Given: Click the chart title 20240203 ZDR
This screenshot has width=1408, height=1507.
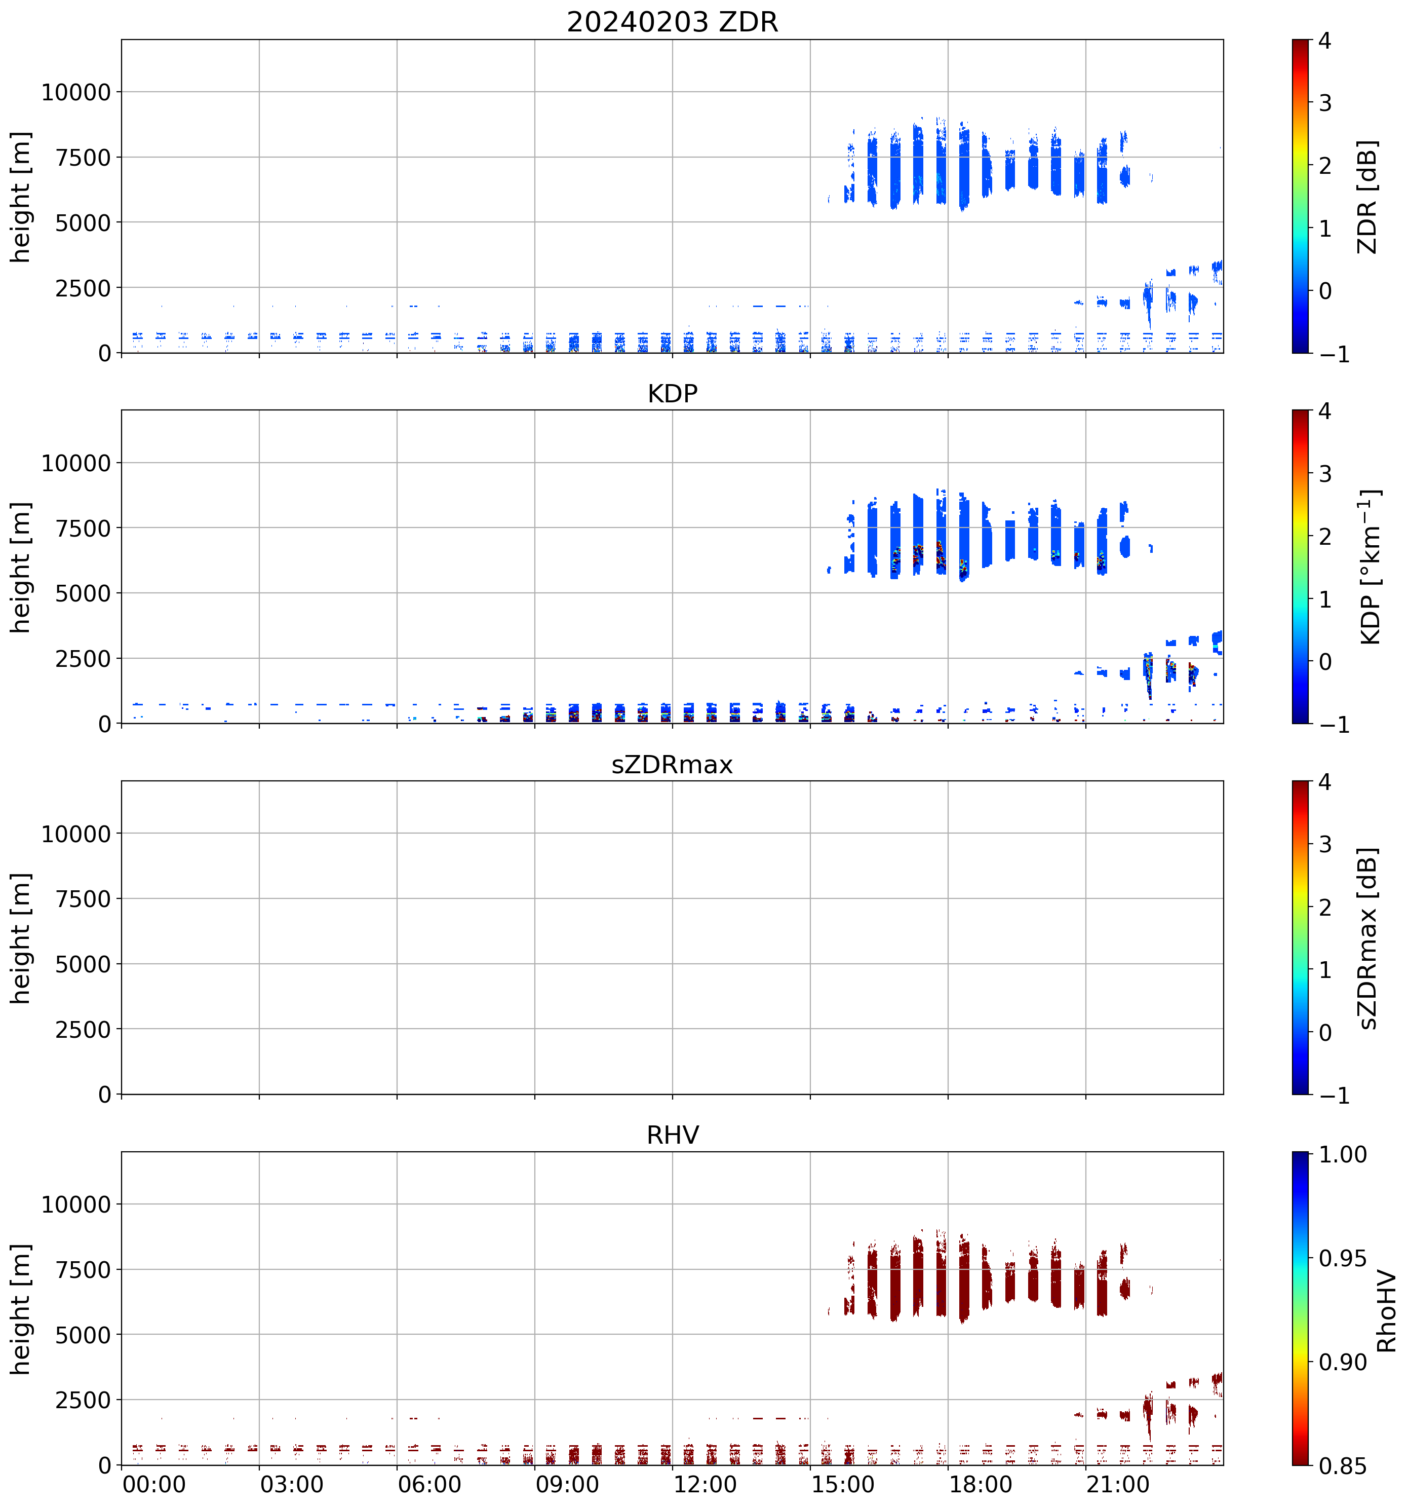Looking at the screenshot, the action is point(672,22).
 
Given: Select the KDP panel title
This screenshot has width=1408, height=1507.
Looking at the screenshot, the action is point(672,393).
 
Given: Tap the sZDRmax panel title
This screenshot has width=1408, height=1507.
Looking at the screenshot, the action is point(672,764).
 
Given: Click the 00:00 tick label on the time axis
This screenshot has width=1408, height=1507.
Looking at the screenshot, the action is point(154,1484).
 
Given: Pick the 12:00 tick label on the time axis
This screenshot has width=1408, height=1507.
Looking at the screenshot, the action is point(705,1484).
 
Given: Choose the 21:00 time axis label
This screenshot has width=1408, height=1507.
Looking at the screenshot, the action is point(1118,1484).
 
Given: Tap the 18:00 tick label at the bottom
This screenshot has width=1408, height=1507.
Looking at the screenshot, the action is point(980,1484).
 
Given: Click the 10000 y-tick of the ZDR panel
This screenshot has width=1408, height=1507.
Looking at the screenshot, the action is point(76,93).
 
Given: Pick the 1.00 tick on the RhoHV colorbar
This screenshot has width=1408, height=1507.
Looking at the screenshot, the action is point(1343,1154).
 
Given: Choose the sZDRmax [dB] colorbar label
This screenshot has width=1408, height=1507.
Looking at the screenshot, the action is point(1366,938).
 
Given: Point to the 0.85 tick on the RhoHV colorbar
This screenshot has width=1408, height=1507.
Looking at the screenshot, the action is point(1343,1466).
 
